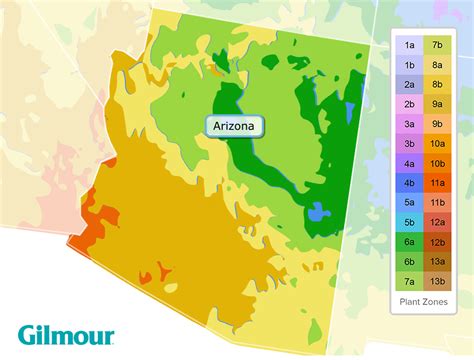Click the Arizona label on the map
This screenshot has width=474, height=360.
[236, 126]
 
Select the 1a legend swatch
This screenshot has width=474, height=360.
[410, 45]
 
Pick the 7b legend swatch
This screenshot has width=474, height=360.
[438, 45]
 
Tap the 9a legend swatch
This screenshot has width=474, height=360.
[438, 104]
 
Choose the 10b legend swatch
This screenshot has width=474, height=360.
[438, 163]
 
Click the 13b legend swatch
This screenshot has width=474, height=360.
[438, 281]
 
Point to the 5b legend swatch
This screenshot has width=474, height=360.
[410, 222]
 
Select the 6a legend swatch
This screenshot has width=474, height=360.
[410, 242]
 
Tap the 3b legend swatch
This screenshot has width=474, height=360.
[410, 143]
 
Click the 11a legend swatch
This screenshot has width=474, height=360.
[438, 183]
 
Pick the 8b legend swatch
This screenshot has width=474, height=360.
[438, 84]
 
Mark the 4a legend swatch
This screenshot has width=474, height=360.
[410, 163]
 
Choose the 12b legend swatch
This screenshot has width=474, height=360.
[438, 242]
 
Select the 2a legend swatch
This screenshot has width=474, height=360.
[410, 84]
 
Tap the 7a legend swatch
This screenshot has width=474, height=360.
[410, 281]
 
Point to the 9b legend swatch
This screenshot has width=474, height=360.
[438, 124]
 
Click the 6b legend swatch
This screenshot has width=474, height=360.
[410, 262]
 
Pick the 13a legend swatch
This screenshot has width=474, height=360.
[438, 262]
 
